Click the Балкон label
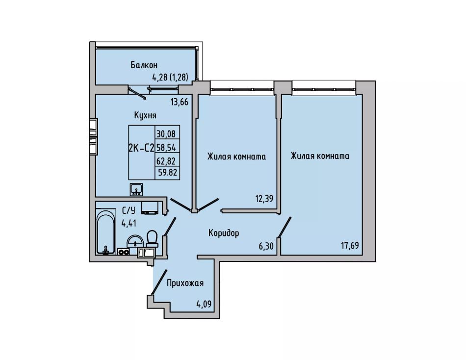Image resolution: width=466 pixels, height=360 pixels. (x=144, y=65)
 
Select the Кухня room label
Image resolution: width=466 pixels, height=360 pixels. (x=145, y=115)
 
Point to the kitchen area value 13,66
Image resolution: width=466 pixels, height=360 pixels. (x=180, y=103)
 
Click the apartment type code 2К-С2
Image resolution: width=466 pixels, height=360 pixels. (x=141, y=148)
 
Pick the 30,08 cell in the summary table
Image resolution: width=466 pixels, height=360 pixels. (x=166, y=134)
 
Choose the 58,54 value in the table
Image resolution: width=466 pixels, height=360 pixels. (x=167, y=147)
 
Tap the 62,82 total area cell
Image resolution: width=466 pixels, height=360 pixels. (x=166, y=161)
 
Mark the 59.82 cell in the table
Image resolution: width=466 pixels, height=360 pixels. (x=168, y=173)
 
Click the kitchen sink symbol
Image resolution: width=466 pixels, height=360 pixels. (x=136, y=189)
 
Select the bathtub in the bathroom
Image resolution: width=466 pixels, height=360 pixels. (x=106, y=232)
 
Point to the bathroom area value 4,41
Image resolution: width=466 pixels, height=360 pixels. (x=129, y=223)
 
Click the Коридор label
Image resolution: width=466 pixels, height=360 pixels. (x=224, y=233)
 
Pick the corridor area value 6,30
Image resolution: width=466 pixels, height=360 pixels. (x=266, y=246)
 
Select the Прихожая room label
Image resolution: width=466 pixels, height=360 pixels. (x=185, y=283)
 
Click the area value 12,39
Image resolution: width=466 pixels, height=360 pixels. (x=264, y=199)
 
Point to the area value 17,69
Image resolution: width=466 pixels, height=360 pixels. (x=350, y=246)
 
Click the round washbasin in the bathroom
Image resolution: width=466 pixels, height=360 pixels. (x=135, y=241)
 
